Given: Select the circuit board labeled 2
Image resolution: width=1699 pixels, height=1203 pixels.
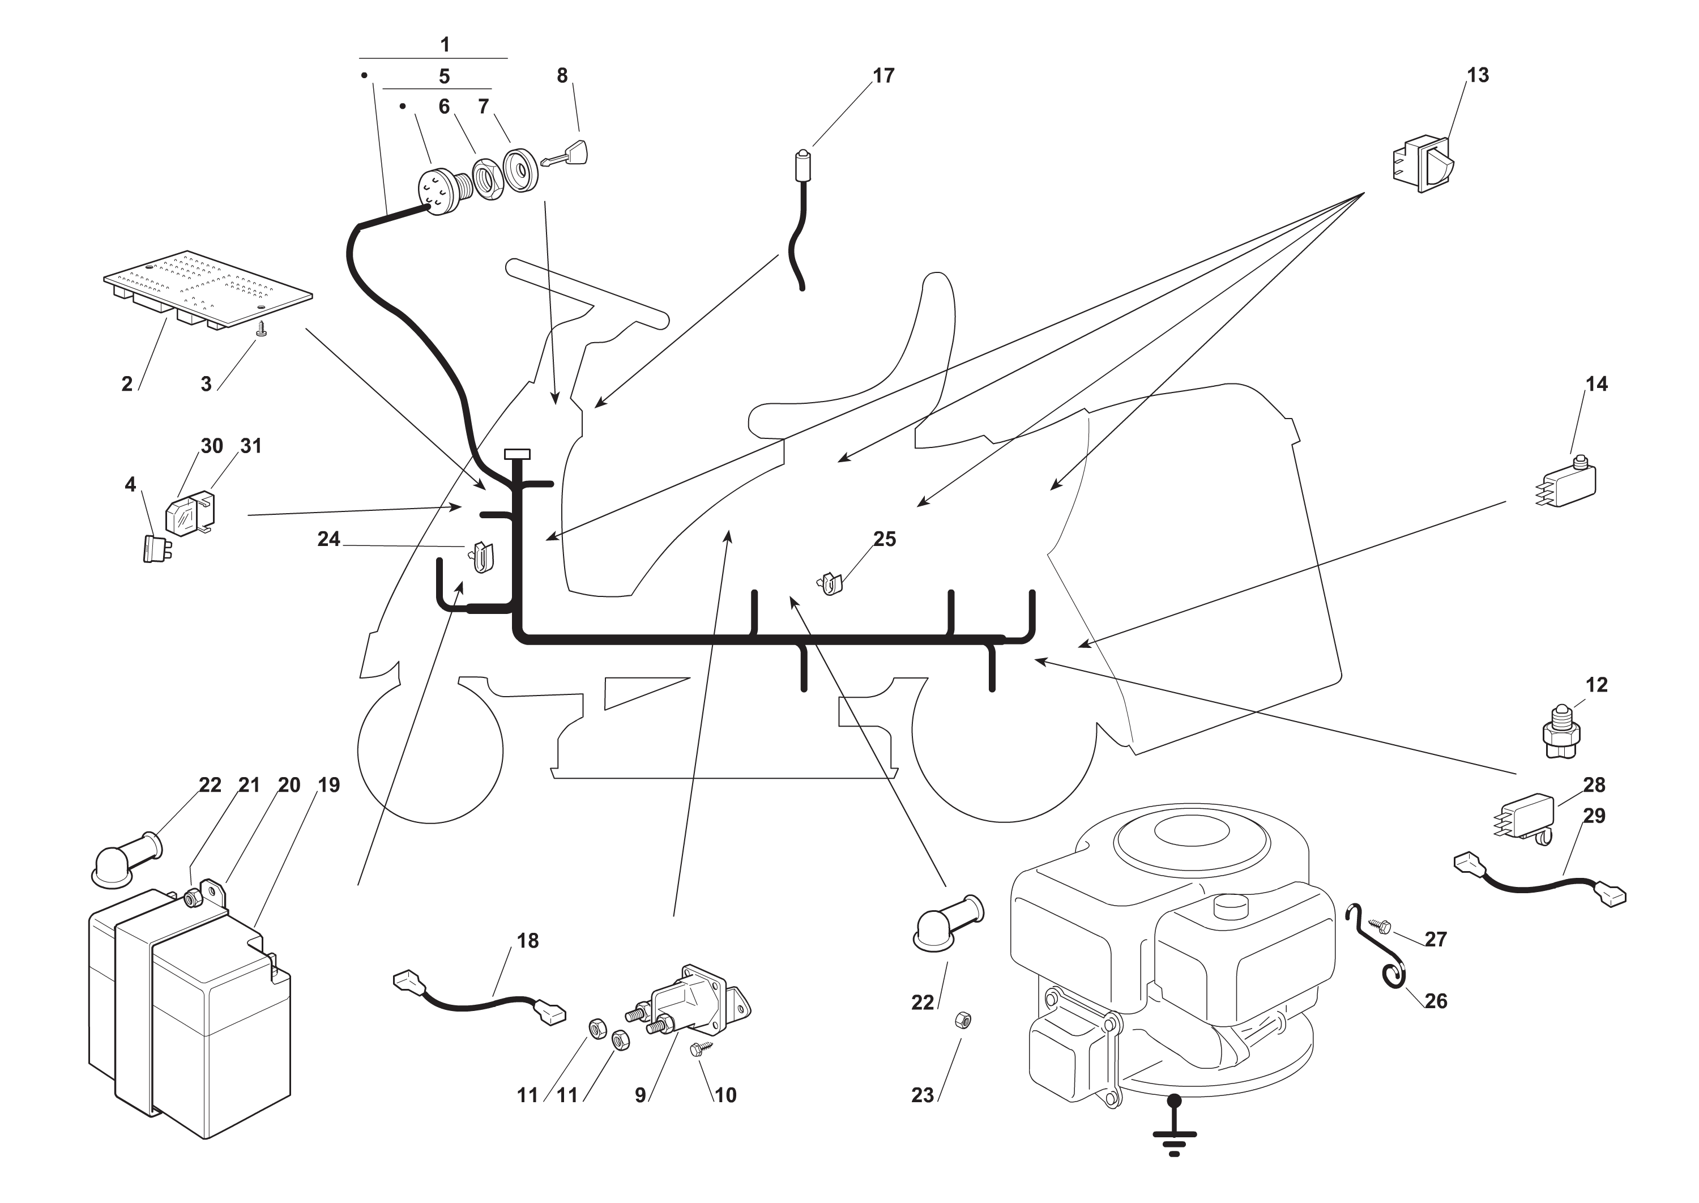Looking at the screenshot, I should tap(207, 289).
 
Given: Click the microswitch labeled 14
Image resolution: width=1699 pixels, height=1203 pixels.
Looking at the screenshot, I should tap(1569, 485).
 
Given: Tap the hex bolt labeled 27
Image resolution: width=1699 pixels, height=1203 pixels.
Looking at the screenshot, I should tap(1381, 926).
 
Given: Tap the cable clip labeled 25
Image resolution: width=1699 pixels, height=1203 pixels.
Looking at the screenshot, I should tap(832, 584).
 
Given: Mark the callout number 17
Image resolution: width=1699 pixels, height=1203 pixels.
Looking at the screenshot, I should tap(883, 75).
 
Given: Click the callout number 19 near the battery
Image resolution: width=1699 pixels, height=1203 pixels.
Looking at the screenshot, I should tap(329, 785).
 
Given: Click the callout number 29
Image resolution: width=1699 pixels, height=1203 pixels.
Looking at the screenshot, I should tap(1594, 816).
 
